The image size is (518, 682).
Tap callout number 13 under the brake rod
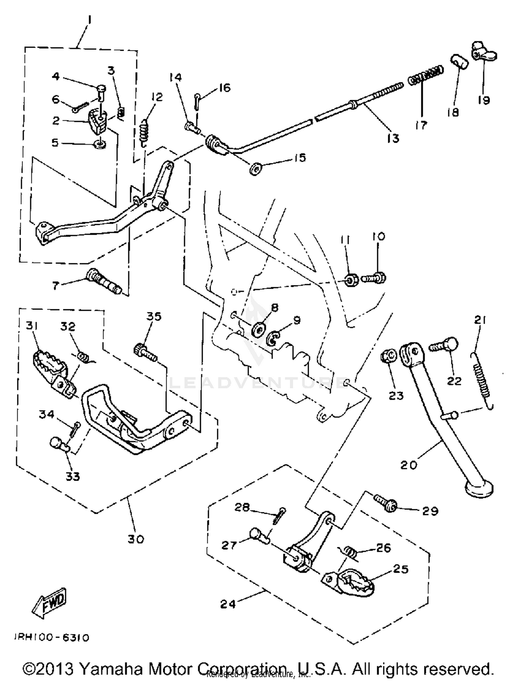coord(393,138)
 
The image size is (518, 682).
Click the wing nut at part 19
coord(483,54)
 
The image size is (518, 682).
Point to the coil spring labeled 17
coord(425,76)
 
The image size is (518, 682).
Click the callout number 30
coord(135,539)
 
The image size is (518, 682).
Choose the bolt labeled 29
coord(385,503)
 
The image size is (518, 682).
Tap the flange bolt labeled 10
coord(374,277)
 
